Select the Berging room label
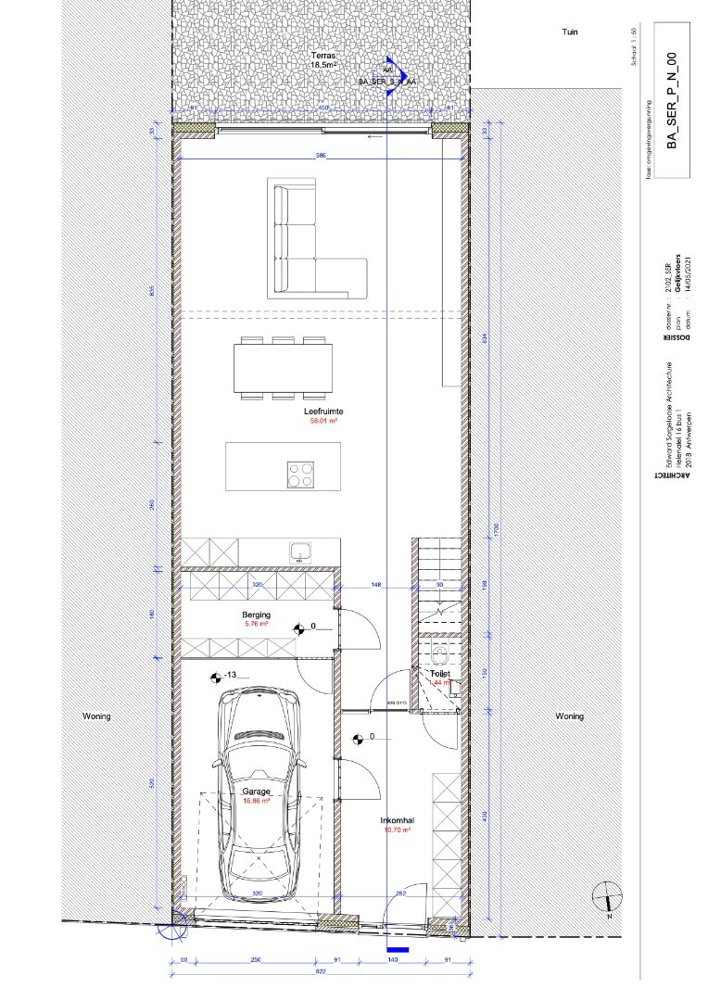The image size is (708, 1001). [x=257, y=615]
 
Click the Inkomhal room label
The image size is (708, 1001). [x=396, y=820]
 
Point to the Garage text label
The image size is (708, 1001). [x=257, y=792]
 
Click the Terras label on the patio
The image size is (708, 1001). [x=322, y=57]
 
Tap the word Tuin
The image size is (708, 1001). [x=569, y=32]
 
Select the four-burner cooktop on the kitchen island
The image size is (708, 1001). [x=301, y=475]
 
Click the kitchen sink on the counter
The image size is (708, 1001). [x=301, y=552]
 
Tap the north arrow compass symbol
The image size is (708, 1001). [x=607, y=898]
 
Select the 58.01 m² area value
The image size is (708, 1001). [x=322, y=421]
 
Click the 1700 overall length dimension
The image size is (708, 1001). [x=497, y=529]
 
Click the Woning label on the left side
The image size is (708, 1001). [x=96, y=716]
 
